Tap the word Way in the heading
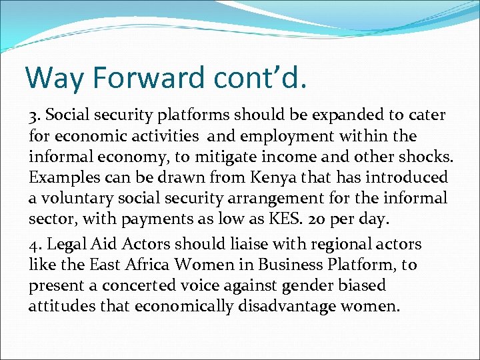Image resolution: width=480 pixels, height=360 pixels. click(x=54, y=78)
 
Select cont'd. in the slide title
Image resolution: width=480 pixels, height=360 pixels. click(x=261, y=78)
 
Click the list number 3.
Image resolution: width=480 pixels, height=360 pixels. click(x=33, y=115)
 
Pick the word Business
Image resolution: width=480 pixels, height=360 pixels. click(x=295, y=264)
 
